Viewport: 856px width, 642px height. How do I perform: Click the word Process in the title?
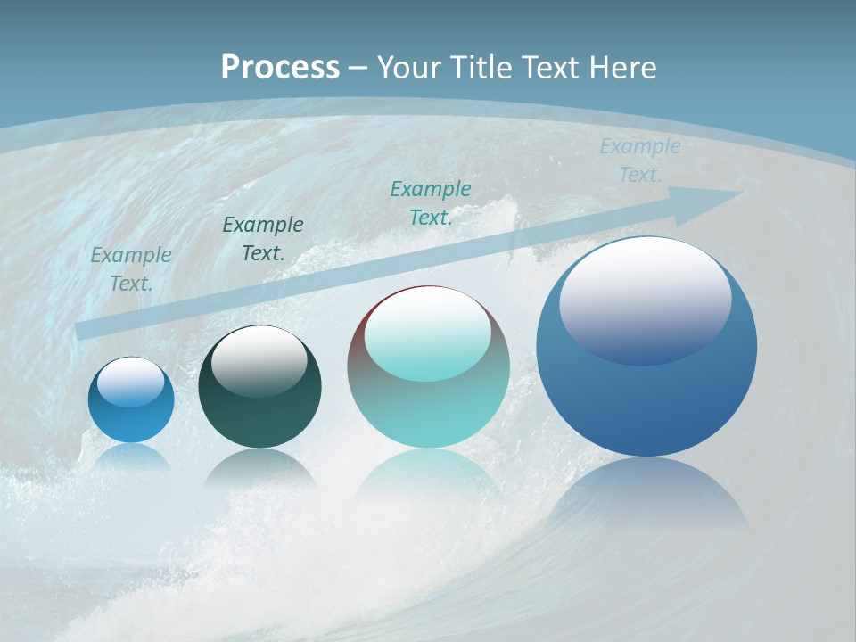pos(280,68)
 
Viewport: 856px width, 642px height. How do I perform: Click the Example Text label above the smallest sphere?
pos(131,269)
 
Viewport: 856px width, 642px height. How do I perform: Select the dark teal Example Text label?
pos(263,239)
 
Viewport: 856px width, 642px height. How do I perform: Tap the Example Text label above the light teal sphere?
pos(431,203)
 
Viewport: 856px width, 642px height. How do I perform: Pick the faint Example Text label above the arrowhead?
pos(639,160)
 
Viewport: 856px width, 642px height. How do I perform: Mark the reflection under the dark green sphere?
pos(259,468)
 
